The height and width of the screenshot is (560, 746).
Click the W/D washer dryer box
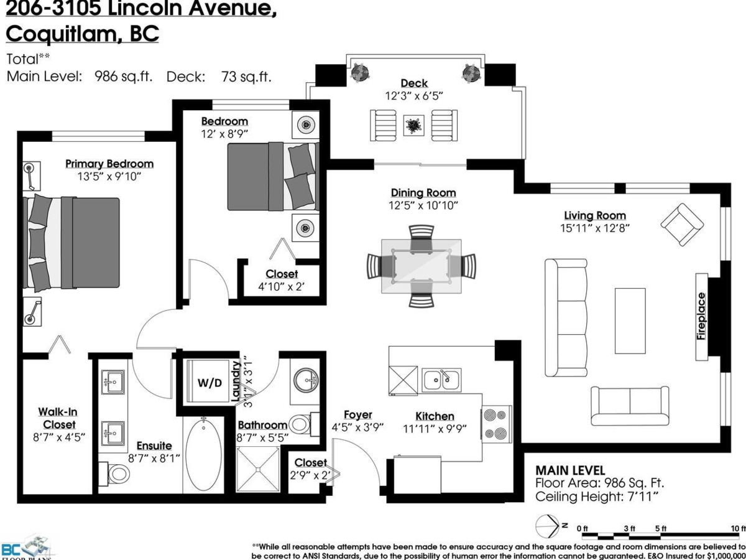point(210,382)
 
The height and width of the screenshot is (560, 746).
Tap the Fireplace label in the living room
point(701,315)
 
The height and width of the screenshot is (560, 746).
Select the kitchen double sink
point(441,379)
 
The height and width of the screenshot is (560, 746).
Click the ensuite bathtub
point(202,455)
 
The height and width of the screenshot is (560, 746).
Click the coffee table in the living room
point(630,320)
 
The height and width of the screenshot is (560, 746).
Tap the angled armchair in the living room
point(682,224)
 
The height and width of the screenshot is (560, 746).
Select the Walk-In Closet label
point(57,418)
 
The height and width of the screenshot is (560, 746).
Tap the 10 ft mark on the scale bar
point(738,528)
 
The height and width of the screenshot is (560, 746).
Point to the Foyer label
point(357,414)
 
